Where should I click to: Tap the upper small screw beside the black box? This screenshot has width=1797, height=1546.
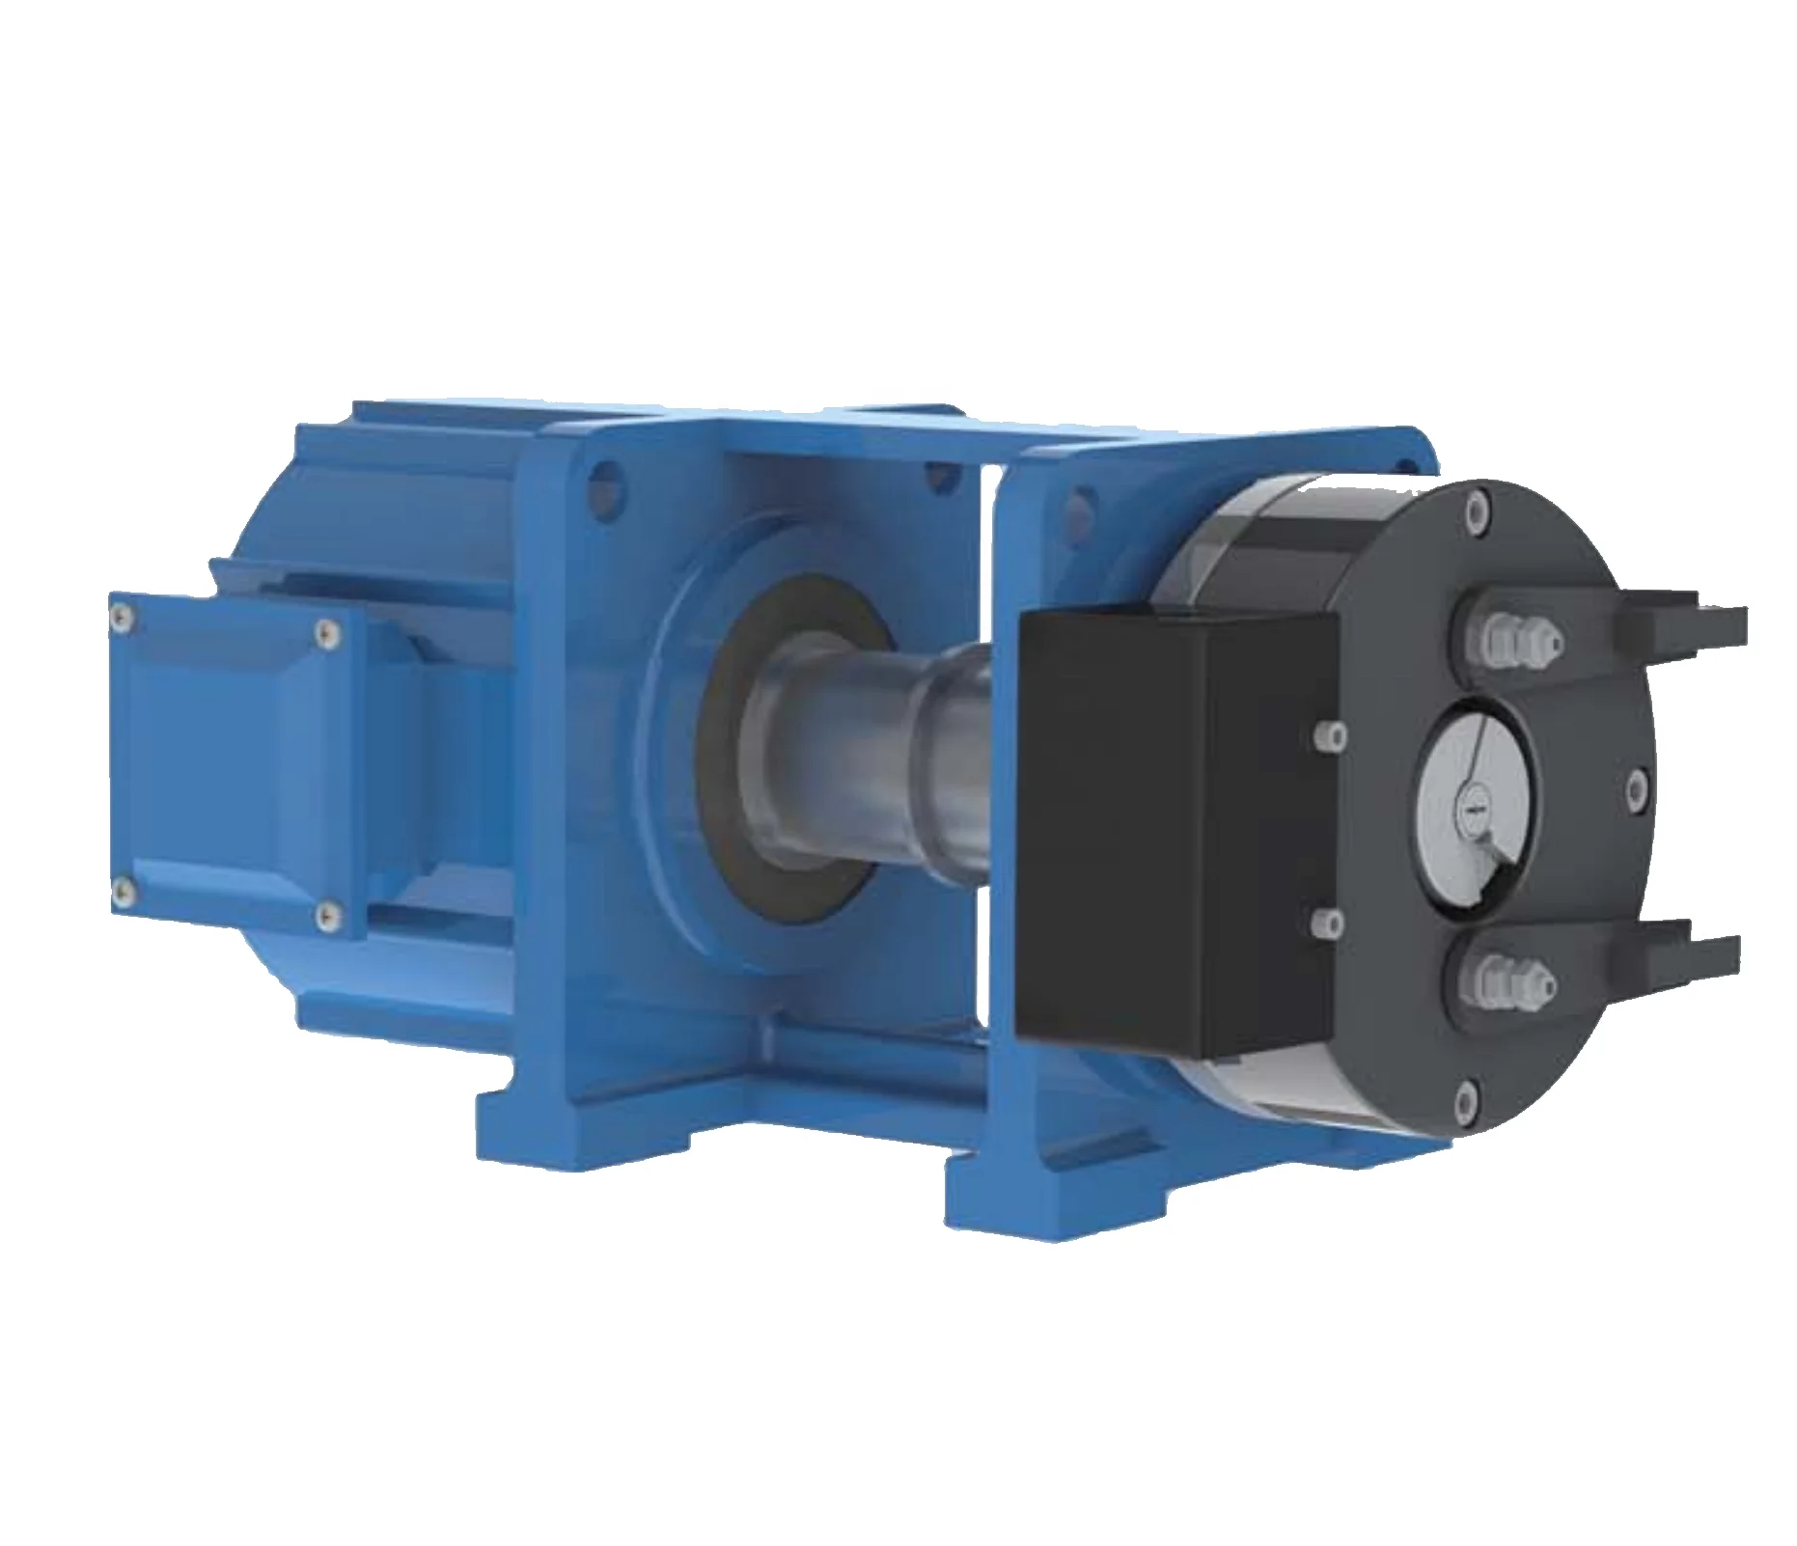point(1333,736)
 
